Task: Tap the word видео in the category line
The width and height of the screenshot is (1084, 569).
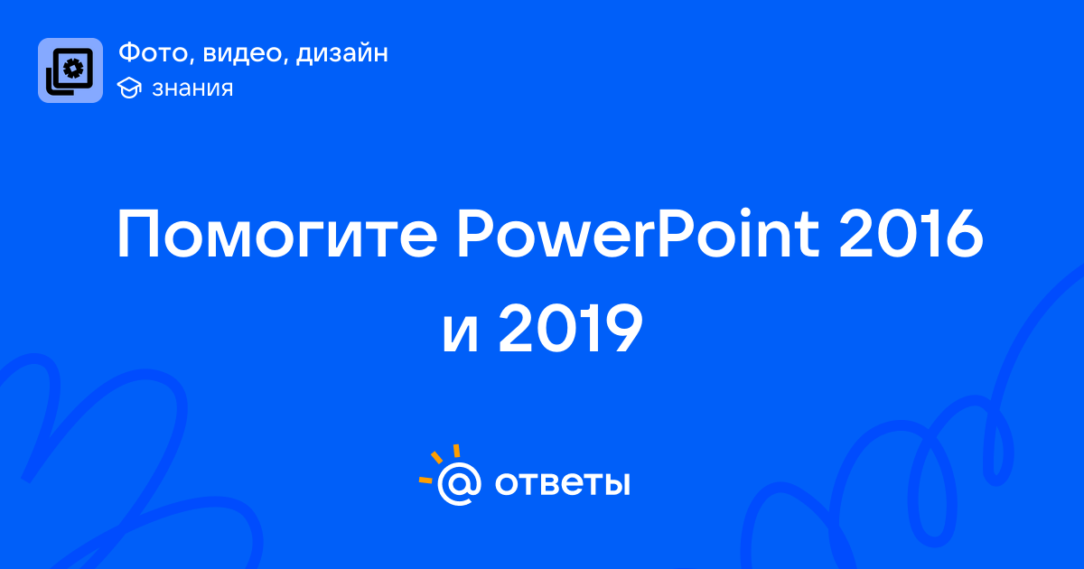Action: (242, 52)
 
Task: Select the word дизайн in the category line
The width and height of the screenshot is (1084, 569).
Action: (341, 53)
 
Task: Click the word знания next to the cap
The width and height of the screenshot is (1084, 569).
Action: (192, 89)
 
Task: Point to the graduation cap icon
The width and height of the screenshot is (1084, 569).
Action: (129, 88)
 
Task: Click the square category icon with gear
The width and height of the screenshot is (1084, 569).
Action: (70, 70)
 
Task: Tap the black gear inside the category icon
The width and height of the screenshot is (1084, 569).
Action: (73, 69)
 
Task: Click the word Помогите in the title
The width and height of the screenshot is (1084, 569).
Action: (277, 234)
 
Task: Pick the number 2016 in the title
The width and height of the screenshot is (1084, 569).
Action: (911, 233)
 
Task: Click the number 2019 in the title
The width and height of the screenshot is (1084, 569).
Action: (571, 328)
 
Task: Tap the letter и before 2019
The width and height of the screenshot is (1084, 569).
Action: (460, 334)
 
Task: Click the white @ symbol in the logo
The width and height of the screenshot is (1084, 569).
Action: (459, 484)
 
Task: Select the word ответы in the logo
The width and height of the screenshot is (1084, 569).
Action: (562, 483)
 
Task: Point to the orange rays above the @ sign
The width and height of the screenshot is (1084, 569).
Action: (440, 463)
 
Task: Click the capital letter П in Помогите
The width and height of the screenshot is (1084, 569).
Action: (138, 234)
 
